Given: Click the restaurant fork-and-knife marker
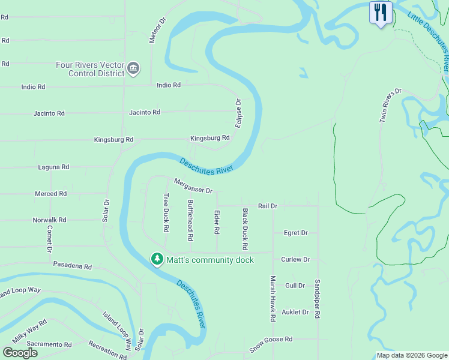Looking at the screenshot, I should [x=380, y=13].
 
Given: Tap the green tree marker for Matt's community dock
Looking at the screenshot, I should [x=157, y=259].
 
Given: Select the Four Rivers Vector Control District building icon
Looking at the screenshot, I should [x=133, y=70].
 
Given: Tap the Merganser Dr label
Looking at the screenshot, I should [x=193, y=186].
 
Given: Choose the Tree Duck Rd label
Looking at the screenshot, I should [x=166, y=212].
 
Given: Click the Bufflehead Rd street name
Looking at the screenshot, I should [x=190, y=220].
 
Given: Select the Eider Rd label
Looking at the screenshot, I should [x=217, y=223].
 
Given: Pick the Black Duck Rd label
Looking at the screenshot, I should [x=245, y=229].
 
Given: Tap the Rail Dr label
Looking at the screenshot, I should [x=267, y=206].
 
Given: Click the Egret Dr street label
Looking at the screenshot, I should [x=295, y=233].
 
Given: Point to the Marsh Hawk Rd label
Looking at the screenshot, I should [x=273, y=299].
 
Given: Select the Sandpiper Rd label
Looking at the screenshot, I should [x=318, y=298].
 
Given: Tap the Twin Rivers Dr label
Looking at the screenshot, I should [x=390, y=106].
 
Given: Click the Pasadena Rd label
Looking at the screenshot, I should [x=72, y=265].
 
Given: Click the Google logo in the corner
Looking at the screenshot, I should [x=20, y=353].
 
